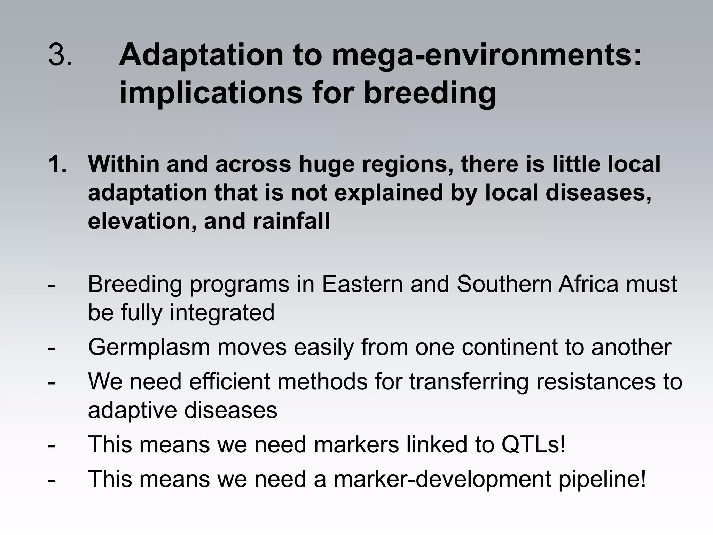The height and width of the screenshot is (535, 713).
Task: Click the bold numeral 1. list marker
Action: pyautogui.click(x=57, y=164)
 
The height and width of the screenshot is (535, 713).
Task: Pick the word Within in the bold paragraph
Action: pyautogui.click(x=123, y=164)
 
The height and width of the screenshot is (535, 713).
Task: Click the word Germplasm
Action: pyautogui.click(x=149, y=347)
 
